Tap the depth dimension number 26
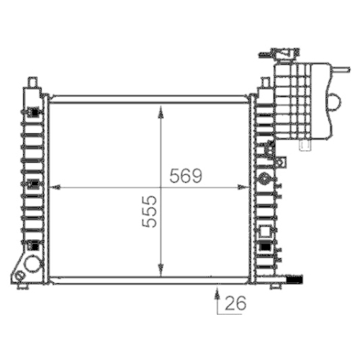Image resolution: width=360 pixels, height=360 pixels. [x=235, y=305]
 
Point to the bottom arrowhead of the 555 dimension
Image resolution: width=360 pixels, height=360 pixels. [x=159, y=272]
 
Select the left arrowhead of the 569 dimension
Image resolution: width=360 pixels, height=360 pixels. [x=58, y=187]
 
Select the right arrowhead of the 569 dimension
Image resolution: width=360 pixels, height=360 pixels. [x=243, y=187]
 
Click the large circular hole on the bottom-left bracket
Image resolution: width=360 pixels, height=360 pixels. [x=32, y=264]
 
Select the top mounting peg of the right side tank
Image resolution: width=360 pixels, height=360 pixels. [x=264, y=83]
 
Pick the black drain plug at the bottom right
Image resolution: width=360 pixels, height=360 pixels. [x=294, y=276]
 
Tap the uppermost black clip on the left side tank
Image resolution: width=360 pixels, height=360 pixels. [x=33, y=112]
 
